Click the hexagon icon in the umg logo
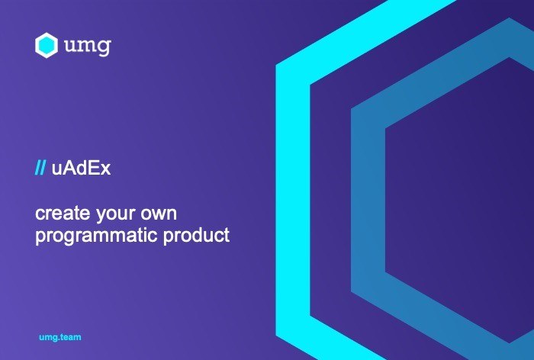click(x=47, y=45)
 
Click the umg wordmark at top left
click(x=88, y=46)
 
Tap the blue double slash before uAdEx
click(x=40, y=168)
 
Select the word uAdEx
click(x=81, y=168)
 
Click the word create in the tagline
click(x=63, y=214)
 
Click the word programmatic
click(x=96, y=236)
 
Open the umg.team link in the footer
click(x=60, y=337)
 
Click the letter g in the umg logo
click(x=104, y=47)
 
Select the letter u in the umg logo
click(x=70, y=46)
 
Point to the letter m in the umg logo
click(x=86, y=45)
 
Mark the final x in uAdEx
click(x=106, y=170)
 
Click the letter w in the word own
click(x=159, y=215)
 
